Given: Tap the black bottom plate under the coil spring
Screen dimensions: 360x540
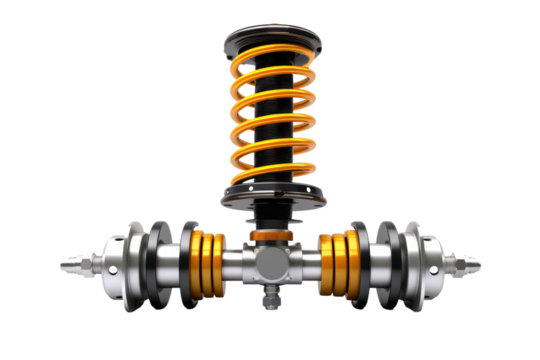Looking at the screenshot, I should coord(271,196).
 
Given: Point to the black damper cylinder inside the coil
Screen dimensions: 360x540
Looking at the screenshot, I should coord(272,120).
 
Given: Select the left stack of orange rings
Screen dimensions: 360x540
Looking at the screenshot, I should coord(208,262).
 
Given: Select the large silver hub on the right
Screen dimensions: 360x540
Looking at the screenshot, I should coord(425,264).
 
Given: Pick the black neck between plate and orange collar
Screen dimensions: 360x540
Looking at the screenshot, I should coord(269,216).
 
